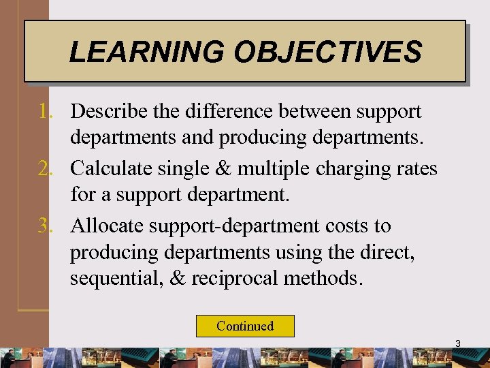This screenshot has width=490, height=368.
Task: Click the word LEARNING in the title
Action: (x=147, y=52)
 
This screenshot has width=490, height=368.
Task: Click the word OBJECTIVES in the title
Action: (x=327, y=52)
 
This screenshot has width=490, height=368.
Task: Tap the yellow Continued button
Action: (x=245, y=326)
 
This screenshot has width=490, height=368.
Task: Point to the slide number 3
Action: (x=457, y=344)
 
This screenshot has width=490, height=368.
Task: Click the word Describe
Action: (x=106, y=111)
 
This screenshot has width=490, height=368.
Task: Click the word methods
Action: (x=328, y=278)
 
